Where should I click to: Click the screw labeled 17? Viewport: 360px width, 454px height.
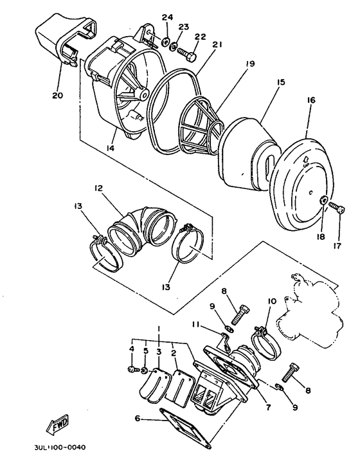[x=338, y=209]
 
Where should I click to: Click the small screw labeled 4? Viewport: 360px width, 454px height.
[x=132, y=370]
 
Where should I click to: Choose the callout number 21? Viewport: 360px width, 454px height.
[x=216, y=44]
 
